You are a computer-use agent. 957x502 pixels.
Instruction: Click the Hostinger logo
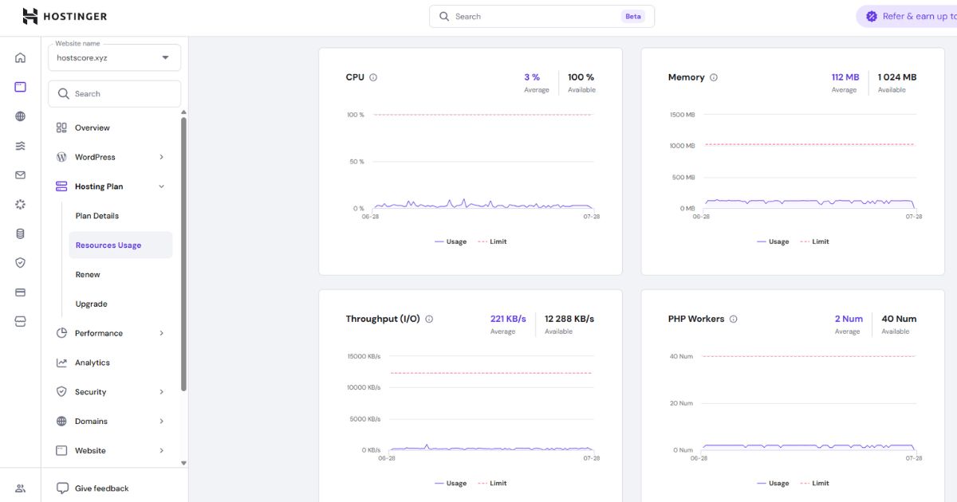(x=65, y=16)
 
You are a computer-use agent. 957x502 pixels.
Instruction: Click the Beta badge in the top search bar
(x=632, y=16)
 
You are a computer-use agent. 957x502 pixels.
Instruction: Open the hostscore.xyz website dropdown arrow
(x=165, y=57)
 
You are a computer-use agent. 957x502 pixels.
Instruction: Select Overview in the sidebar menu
(x=92, y=127)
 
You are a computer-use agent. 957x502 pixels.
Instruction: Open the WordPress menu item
(x=95, y=157)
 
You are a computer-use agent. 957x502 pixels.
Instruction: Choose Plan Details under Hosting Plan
(x=97, y=216)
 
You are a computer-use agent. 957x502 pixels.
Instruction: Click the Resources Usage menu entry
(x=108, y=245)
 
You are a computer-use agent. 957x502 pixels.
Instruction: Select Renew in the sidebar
(x=88, y=274)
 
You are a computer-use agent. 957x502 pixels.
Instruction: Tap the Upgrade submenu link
(x=91, y=304)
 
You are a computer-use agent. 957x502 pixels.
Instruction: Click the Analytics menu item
(x=93, y=363)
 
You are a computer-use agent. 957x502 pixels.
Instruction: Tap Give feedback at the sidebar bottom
(x=102, y=488)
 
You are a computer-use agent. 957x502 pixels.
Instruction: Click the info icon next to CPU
(x=373, y=77)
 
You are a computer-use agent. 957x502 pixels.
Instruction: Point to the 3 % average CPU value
(x=532, y=77)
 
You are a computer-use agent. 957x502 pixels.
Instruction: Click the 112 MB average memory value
(x=845, y=77)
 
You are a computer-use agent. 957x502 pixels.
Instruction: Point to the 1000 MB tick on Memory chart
(x=683, y=146)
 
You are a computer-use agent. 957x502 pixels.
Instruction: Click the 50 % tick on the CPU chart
(x=356, y=162)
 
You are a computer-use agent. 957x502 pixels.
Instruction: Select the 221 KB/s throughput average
(x=508, y=319)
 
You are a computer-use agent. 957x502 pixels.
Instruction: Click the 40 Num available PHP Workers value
(x=899, y=319)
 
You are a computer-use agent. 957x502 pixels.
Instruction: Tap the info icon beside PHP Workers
(x=733, y=320)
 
